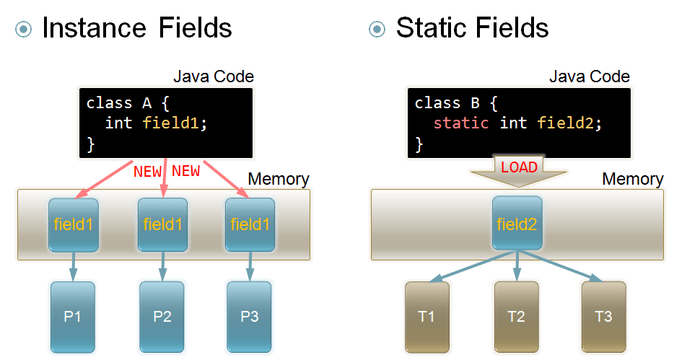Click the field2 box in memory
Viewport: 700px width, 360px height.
[517, 224]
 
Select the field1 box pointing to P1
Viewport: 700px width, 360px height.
[73, 224]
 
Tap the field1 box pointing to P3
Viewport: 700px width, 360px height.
[250, 224]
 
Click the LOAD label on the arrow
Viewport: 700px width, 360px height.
[519, 167]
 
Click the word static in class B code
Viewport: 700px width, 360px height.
[460, 123]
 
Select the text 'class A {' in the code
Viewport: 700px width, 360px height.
[127, 103]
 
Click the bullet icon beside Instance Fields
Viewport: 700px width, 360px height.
[25, 29]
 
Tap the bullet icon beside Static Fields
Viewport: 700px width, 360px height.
[377, 29]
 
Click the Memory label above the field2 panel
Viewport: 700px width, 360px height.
[632, 179]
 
